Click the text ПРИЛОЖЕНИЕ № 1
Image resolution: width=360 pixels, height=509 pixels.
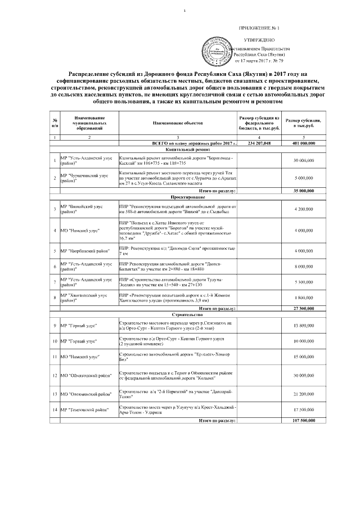(259, 28)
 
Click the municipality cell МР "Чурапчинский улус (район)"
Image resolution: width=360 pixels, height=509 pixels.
(88, 178)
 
